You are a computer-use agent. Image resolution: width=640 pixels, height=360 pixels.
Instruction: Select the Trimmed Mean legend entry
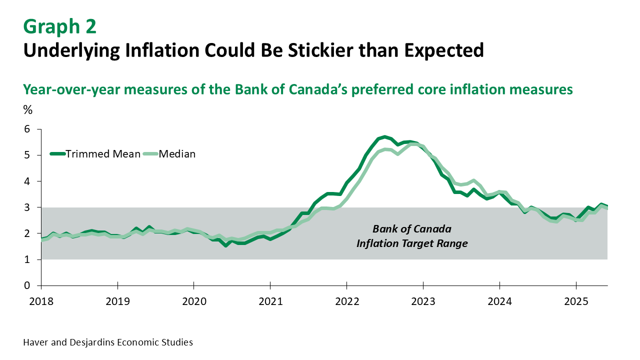coord(95,154)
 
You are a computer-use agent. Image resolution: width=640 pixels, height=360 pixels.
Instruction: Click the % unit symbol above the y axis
coord(27,111)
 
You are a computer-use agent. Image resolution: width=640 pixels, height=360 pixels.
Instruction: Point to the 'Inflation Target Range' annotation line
coord(412,243)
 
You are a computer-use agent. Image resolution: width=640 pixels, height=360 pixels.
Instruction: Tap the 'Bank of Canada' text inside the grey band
coord(412,229)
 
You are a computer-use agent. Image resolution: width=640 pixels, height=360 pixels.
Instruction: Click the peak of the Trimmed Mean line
coord(384,136)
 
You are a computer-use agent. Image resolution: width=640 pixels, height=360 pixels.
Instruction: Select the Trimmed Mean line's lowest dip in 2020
coord(226,245)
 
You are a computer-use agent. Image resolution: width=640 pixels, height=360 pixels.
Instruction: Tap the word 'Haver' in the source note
coord(34,342)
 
